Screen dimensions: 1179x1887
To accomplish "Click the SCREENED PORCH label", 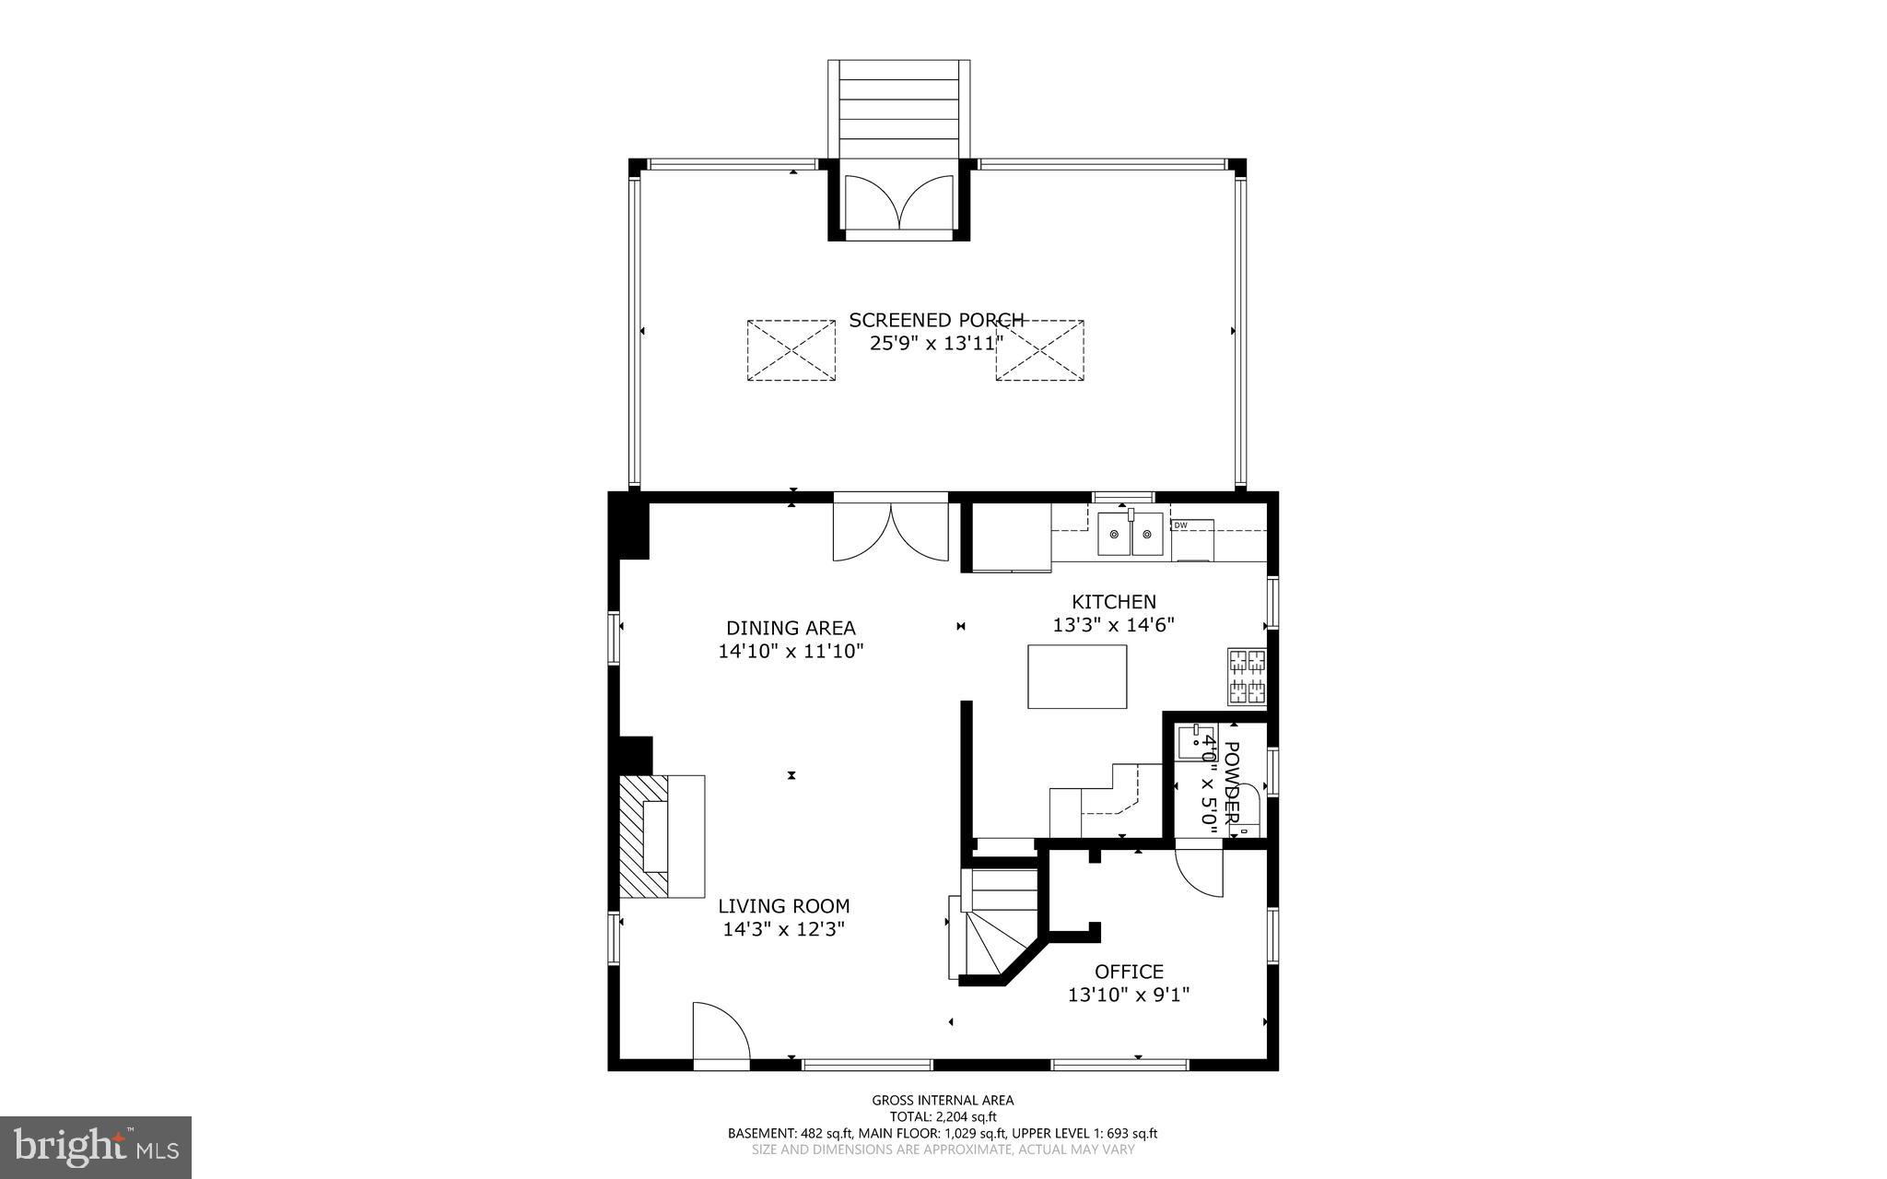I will pyautogui.click(x=935, y=320).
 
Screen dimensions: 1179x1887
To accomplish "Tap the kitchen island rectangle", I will pyautogui.click(x=1077, y=677).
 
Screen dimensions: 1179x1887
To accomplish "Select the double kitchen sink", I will pyautogui.click(x=1131, y=535).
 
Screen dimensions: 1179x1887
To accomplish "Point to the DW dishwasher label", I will pyautogui.click(x=1180, y=525).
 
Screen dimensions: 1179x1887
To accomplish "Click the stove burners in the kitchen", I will pyautogui.click(x=1247, y=677).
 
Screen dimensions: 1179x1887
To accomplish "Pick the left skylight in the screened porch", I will pyautogui.click(x=791, y=350).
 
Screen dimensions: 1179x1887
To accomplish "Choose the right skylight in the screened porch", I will pyautogui.click(x=1039, y=350).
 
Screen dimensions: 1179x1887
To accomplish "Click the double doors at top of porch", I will pyautogui.click(x=899, y=202).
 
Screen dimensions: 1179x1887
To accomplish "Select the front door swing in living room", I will pyautogui.click(x=721, y=1032).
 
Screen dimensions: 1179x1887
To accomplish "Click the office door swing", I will pyautogui.click(x=1200, y=872).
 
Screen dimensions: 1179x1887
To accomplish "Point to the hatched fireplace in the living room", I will pyautogui.click(x=643, y=836).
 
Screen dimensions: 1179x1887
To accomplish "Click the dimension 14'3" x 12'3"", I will pyautogui.click(x=783, y=929).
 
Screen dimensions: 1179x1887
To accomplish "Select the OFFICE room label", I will pyautogui.click(x=1129, y=972).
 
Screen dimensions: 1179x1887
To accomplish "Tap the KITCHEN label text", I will pyautogui.click(x=1113, y=602).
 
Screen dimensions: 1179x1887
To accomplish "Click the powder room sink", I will pyautogui.click(x=1197, y=738).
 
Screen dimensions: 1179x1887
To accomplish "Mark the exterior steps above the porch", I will pyautogui.click(x=898, y=109).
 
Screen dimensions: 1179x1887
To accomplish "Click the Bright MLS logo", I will pyautogui.click(x=95, y=1147).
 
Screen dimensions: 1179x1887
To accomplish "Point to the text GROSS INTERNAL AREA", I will pyautogui.click(x=943, y=1100).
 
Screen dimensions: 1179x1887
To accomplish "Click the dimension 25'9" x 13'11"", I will pyautogui.click(x=935, y=344).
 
